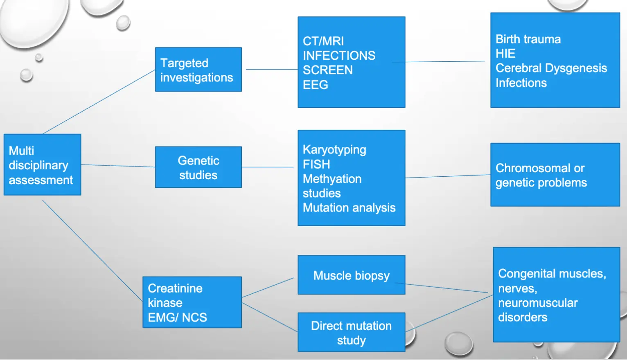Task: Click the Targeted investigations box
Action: coord(198,70)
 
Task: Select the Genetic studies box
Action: coord(198,167)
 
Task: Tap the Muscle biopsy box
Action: coord(351,275)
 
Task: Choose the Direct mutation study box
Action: coord(351,332)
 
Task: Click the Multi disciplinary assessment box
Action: coord(42,164)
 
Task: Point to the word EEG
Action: coord(316,85)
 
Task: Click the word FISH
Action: coord(316,164)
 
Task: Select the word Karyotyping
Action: coord(334,150)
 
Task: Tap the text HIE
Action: coord(505,54)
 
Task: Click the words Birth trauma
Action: coord(528,39)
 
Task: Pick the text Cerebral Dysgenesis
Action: coord(551,68)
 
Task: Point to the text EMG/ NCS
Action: coord(177,317)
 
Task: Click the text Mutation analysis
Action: coord(349,208)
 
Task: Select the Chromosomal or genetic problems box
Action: coord(555,175)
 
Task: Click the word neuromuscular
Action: coord(538,303)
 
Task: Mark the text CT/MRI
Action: coord(323,41)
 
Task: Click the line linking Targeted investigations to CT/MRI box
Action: coord(270,70)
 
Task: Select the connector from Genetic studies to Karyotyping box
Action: coord(268,167)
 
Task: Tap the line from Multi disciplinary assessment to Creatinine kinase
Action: coord(92,250)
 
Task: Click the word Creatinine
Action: coord(175,288)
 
